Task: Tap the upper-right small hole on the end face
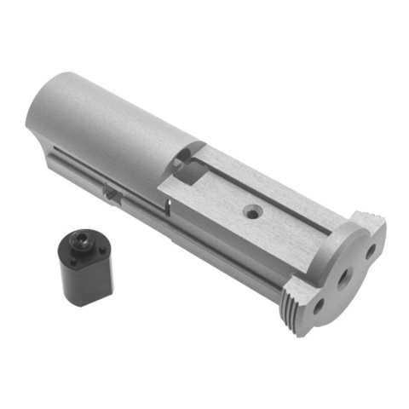click(x=371, y=251)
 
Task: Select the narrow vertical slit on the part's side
click(x=169, y=207)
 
